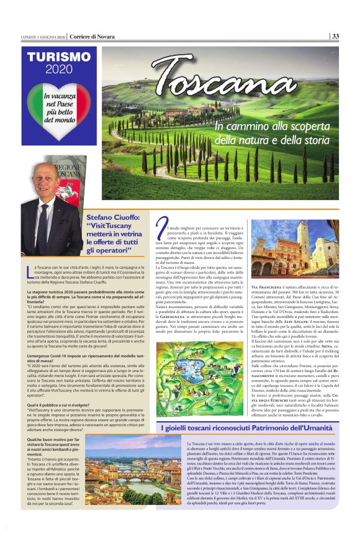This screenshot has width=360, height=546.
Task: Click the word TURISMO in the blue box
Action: pos(59,57)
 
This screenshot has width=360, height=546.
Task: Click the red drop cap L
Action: pos(30,271)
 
